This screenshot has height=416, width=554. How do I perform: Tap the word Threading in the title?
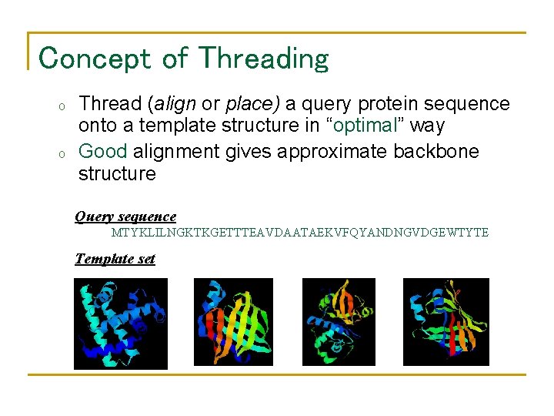262,59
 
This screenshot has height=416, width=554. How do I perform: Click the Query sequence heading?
125,217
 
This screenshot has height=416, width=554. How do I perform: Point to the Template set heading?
115,259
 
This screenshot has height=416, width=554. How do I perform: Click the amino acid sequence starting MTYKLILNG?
300,233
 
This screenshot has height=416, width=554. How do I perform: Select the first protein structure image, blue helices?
120,324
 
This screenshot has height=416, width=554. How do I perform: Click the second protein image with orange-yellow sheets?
233,322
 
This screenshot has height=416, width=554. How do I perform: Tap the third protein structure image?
339,322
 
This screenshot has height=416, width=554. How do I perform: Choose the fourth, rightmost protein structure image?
446,322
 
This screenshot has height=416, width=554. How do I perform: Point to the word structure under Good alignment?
117,174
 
